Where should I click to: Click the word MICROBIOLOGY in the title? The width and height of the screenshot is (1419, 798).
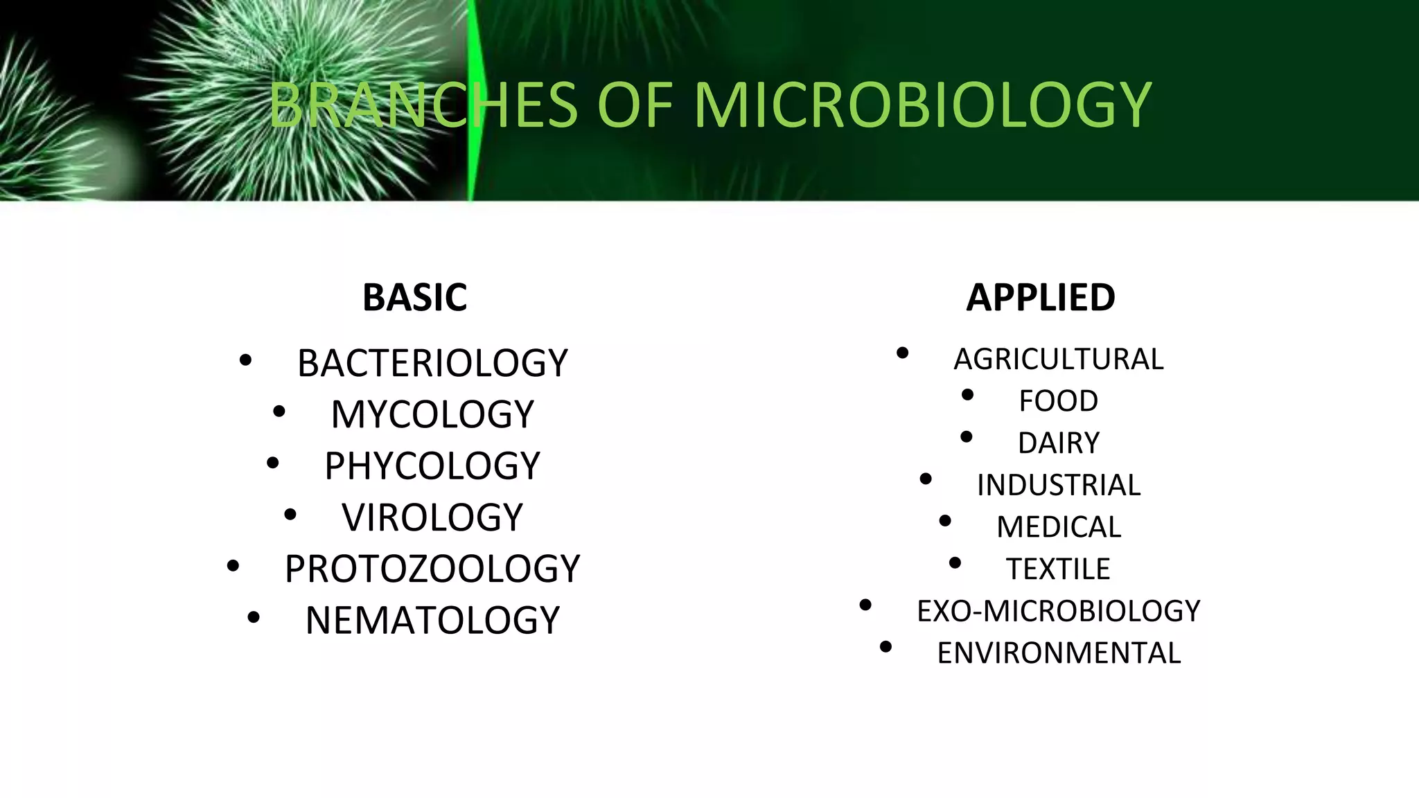pyautogui.click(x=922, y=105)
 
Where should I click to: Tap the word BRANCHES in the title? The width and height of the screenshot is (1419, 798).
pyautogui.click(x=423, y=105)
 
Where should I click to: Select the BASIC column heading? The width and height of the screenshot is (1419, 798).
pyautogui.click(x=414, y=297)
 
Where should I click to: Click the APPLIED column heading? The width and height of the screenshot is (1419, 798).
pyautogui.click(x=1041, y=297)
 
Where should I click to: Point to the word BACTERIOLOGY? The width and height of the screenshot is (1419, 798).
pyautogui.click(x=432, y=363)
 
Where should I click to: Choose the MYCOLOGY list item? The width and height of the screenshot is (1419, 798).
pyautogui.click(x=432, y=414)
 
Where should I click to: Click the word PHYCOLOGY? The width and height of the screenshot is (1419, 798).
pyautogui.click(x=432, y=465)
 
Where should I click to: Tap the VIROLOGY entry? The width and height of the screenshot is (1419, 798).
pyautogui.click(x=432, y=517)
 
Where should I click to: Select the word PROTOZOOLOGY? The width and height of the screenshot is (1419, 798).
pyautogui.click(x=432, y=568)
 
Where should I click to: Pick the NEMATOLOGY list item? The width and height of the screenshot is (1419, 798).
pyautogui.click(x=432, y=619)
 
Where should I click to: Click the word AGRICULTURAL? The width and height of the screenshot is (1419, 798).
pyautogui.click(x=1059, y=359)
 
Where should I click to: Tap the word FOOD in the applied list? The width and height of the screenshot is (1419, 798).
pyautogui.click(x=1059, y=401)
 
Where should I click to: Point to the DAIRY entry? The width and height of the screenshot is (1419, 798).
pyautogui.click(x=1059, y=443)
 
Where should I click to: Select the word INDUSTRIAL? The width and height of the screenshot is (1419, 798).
pyautogui.click(x=1059, y=485)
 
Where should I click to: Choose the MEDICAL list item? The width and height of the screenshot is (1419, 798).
pyautogui.click(x=1059, y=527)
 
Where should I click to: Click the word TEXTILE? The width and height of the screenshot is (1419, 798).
pyautogui.click(x=1059, y=569)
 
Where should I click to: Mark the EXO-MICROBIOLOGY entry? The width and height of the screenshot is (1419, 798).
pyautogui.click(x=1059, y=611)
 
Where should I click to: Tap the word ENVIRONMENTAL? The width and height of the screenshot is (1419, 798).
pyautogui.click(x=1059, y=653)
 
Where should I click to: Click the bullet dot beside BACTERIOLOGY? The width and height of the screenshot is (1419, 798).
pyautogui.click(x=245, y=360)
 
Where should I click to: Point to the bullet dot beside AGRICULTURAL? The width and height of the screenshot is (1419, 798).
pyautogui.click(x=902, y=353)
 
